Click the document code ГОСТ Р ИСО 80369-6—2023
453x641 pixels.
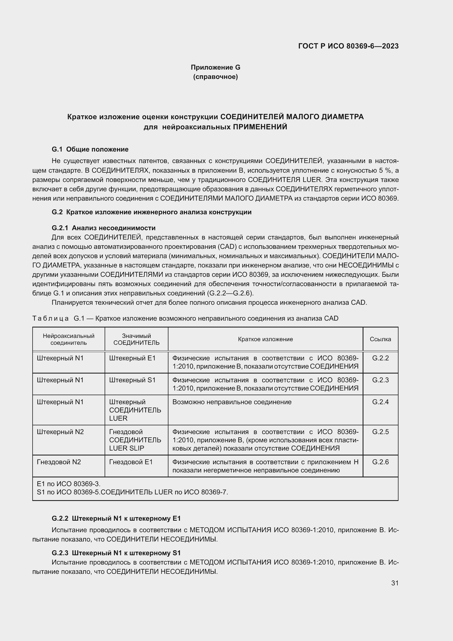348,46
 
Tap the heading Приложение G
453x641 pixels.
215,67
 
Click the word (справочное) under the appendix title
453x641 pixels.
215,77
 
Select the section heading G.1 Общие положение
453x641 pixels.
90,149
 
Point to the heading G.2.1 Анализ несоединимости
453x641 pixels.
104,228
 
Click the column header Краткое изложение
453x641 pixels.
265,339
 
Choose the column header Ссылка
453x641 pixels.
380,339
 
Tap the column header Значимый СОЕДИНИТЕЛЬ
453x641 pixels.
136,339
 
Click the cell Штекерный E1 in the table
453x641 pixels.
132,358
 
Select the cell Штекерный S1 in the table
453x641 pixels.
132,380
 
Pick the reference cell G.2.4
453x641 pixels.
380,402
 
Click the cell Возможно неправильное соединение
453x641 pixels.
232,402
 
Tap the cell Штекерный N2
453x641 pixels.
60,432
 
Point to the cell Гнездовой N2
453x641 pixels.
59,462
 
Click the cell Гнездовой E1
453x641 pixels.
131,462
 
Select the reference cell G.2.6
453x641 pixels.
380,462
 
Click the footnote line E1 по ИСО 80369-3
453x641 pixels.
69,484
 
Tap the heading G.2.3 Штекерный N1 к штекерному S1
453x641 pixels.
116,553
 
